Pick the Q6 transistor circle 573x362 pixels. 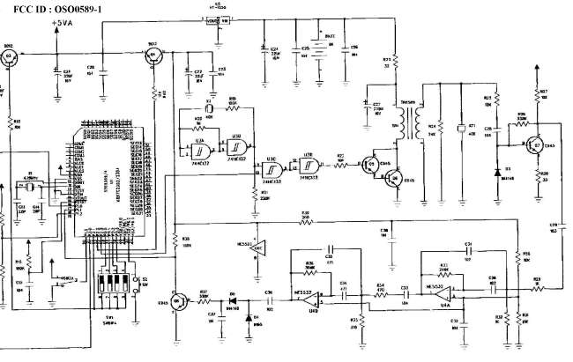click(396, 177)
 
